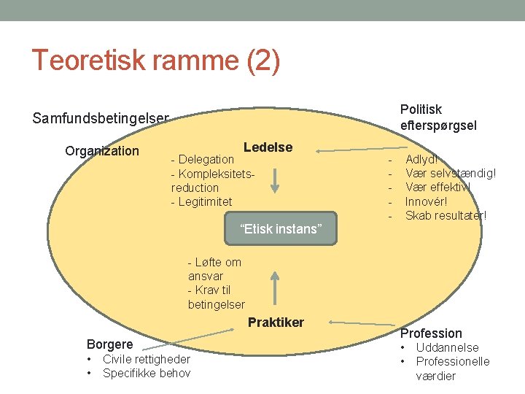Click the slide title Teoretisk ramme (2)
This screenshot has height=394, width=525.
pos(155,61)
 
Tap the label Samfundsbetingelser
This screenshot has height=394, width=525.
pos(101,118)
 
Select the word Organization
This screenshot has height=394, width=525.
pos(101,151)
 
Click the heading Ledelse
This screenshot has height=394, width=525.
pos(268,147)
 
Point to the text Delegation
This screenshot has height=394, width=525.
pos(206,159)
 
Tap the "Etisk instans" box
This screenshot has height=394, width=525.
pos(280,229)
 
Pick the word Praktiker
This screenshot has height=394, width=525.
pos(276,322)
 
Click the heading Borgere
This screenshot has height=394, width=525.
pos(109,344)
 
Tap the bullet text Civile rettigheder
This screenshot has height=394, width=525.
pos(146,359)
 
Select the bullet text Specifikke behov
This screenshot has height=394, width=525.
pos(146,374)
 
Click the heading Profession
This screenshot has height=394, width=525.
pos(431,333)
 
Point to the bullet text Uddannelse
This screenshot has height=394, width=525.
pos(447,347)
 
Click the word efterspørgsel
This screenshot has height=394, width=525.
pos(438,125)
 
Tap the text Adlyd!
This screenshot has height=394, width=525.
pos(421,159)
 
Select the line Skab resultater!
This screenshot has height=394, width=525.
pos(445,215)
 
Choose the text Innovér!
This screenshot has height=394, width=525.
pos(426,201)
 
